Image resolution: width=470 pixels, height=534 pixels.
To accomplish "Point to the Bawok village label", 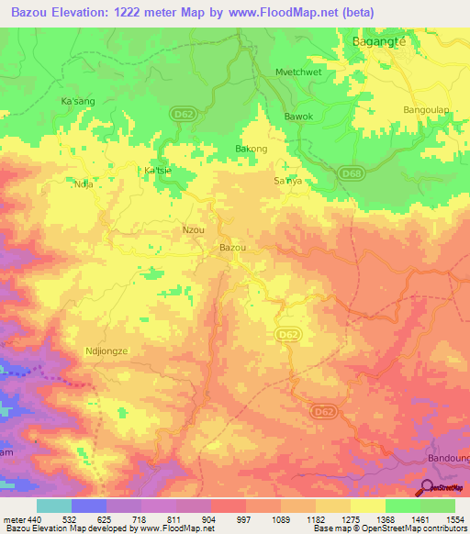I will (x=298, y=117).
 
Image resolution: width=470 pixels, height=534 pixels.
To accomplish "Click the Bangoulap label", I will (x=428, y=109).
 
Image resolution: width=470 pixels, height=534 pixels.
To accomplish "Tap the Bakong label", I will (x=252, y=149).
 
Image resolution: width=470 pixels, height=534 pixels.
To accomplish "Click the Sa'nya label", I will (x=288, y=182).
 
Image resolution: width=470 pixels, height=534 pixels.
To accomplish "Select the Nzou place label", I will (x=194, y=229).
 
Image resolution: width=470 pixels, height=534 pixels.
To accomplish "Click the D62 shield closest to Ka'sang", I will (x=182, y=114).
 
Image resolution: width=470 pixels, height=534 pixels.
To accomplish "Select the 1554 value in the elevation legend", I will (x=455, y=519).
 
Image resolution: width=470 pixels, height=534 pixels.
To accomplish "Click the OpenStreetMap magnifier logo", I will (x=427, y=489).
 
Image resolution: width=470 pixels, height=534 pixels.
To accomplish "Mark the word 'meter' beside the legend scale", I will (x=14, y=519).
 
